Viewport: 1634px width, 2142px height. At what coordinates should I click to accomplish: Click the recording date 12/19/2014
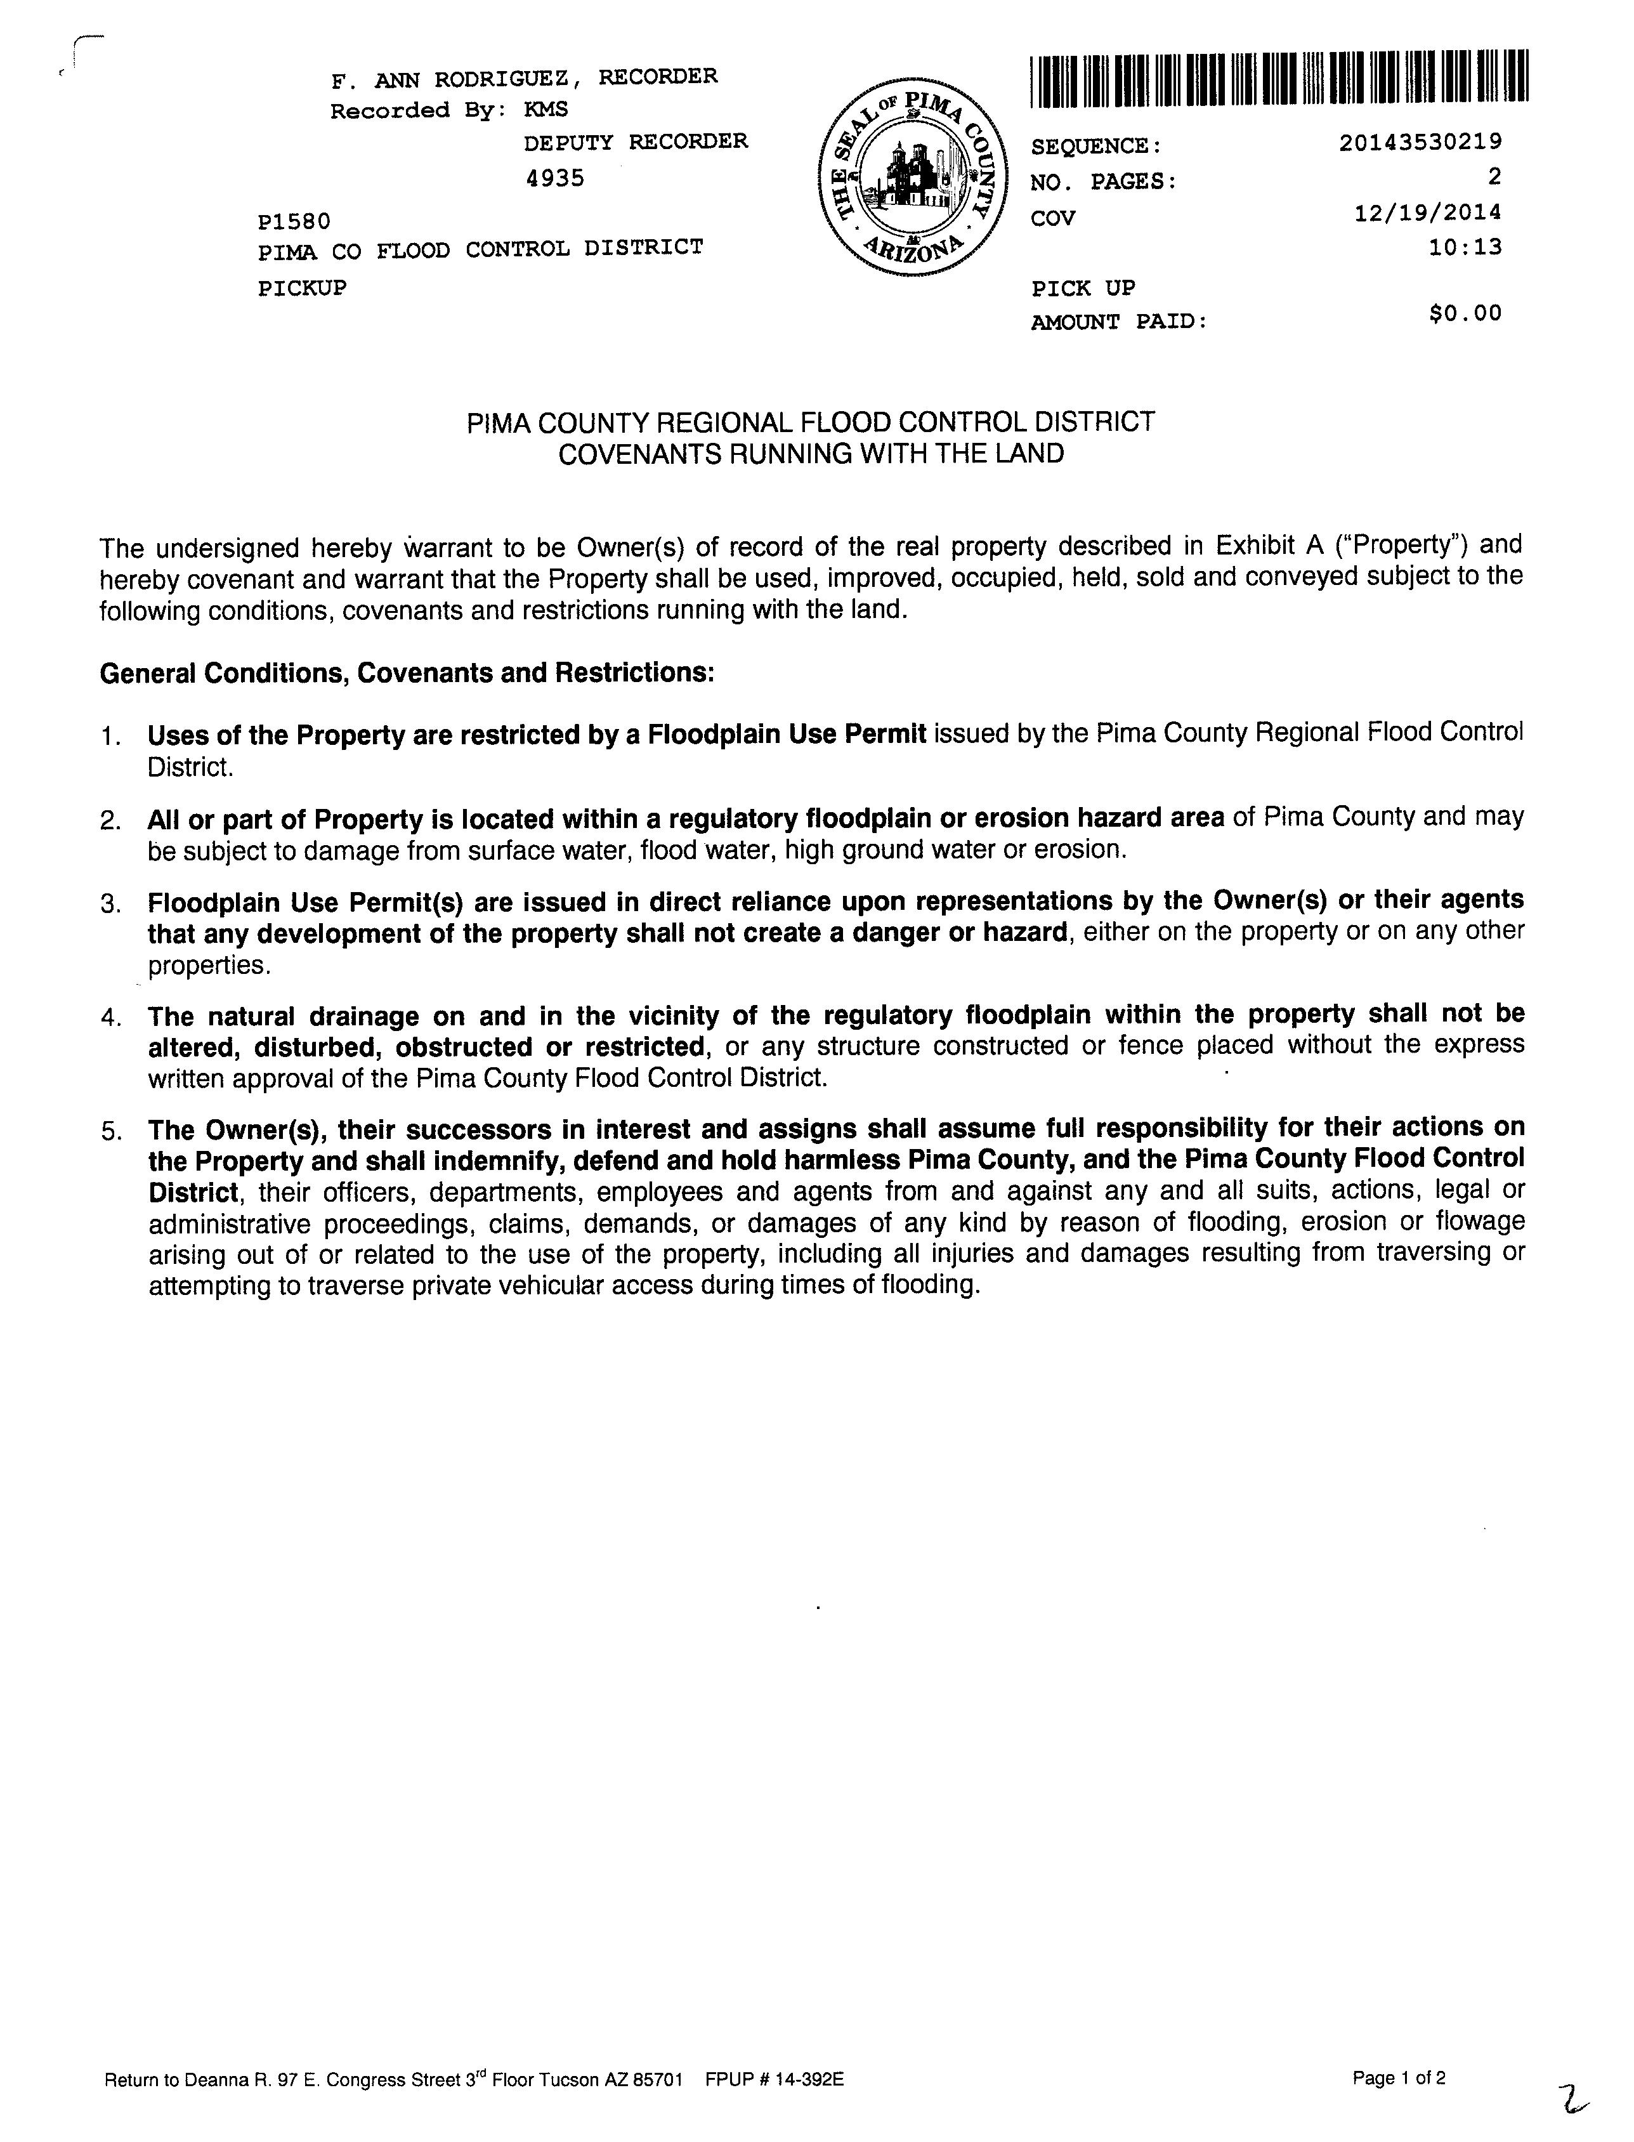coord(1427,212)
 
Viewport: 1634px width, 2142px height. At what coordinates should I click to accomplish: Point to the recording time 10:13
coord(1464,247)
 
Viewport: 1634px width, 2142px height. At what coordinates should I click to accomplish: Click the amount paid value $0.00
coord(1465,313)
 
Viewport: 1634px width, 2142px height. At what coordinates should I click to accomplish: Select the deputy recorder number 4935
coord(554,178)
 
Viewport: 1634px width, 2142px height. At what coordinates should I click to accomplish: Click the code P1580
coord(294,222)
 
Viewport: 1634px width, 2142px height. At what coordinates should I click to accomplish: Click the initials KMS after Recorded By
coord(546,110)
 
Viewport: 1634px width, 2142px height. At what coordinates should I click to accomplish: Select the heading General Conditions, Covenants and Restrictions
coord(407,673)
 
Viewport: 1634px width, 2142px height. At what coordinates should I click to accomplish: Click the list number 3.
coord(109,903)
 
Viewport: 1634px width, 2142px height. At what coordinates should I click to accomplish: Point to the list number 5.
coord(109,1131)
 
